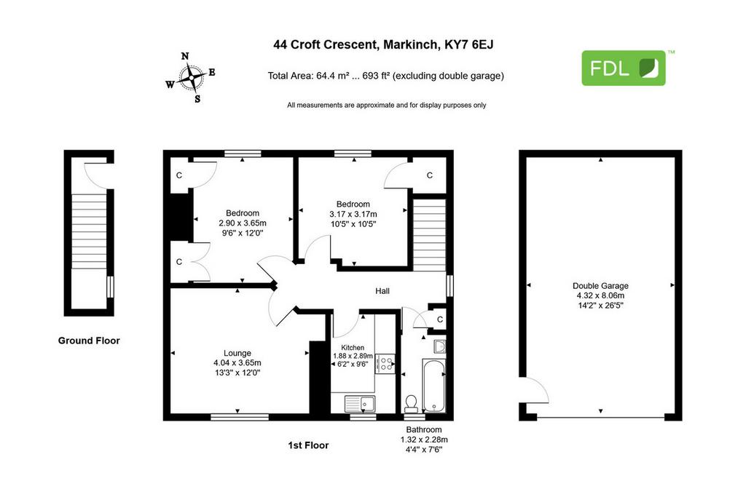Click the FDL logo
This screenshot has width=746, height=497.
pyautogui.click(x=624, y=68)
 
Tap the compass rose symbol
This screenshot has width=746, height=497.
pyautogui.click(x=192, y=77)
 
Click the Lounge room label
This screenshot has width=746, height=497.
pyautogui.click(x=237, y=353)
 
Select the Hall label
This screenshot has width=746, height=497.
pyautogui.click(x=382, y=291)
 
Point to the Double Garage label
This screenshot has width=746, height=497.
pyautogui.click(x=600, y=285)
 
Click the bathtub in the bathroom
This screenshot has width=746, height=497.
pyautogui.click(x=433, y=386)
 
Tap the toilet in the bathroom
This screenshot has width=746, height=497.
pyautogui.click(x=411, y=403)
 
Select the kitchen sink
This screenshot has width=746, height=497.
pyautogui.click(x=360, y=404)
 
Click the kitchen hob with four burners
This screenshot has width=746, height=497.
pyautogui.click(x=385, y=364)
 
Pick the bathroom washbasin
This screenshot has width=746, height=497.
pyautogui.click(x=439, y=346)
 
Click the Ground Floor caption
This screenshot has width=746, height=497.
pyautogui.click(x=89, y=341)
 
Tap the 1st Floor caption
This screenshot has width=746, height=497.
pyautogui.click(x=308, y=445)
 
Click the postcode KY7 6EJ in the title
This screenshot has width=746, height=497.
pyautogui.click(x=468, y=44)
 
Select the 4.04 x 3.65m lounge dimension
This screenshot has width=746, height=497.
pyautogui.click(x=237, y=362)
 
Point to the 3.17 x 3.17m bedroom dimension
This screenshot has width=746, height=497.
pyautogui.click(x=353, y=214)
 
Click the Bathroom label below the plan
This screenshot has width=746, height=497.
pyautogui.click(x=424, y=429)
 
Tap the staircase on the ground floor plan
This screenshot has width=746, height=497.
pyautogui.click(x=89, y=231)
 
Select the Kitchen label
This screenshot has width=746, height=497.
pyautogui.click(x=353, y=348)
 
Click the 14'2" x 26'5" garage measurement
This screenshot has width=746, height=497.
pyautogui.click(x=600, y=305)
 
